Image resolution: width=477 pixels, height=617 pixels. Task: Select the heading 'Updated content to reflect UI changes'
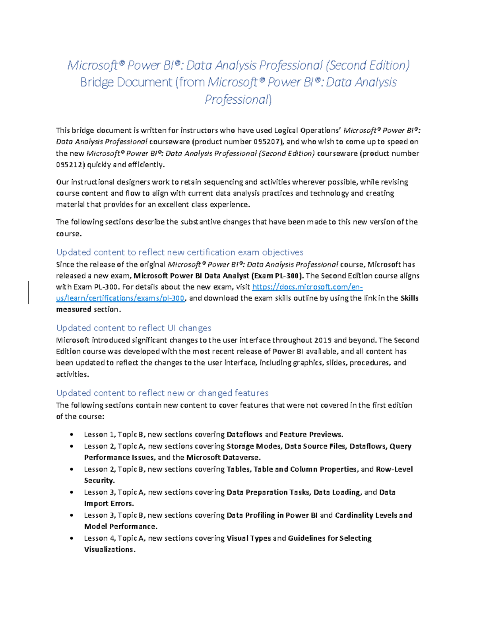pos(134,328)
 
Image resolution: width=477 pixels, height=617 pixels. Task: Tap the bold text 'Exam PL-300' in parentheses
pos(278,276)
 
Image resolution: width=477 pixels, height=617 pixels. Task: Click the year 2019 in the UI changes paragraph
pos(323,340)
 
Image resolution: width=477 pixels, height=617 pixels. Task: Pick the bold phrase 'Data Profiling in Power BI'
pos(272,515)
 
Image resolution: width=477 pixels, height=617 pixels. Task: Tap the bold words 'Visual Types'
pos(248,538)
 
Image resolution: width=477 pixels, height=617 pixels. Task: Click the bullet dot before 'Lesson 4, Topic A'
pos(72,538)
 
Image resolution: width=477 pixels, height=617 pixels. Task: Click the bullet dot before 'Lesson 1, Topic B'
pos(72,435)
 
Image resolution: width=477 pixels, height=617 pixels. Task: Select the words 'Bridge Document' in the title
pos(126,82)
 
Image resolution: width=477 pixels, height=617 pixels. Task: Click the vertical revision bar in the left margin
pos(28,292)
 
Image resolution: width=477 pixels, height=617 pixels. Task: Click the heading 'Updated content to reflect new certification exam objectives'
pos(180,252)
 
